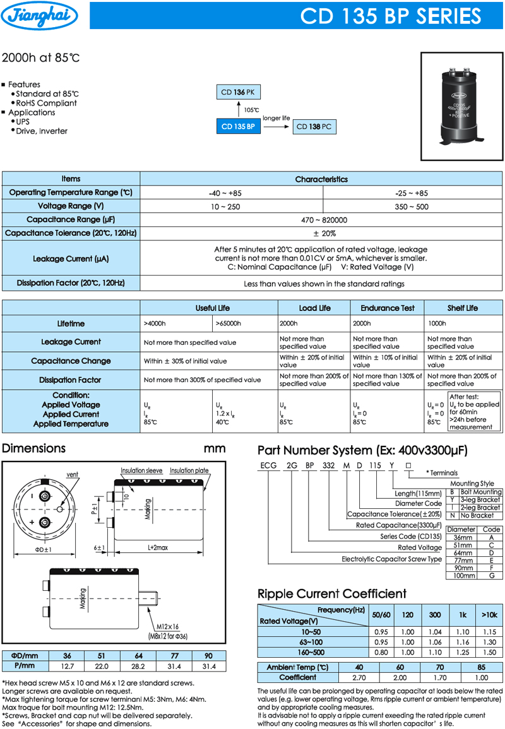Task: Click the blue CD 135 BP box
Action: point(238,127)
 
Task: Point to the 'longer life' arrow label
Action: point(276,118)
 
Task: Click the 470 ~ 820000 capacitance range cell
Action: point(321,220)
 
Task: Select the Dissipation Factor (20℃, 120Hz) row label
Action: point(71,283)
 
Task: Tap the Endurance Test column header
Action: point(388,308)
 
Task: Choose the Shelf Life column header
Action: point(463,308)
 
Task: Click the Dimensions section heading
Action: point(34,448)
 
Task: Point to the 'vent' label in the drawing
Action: point(73,474)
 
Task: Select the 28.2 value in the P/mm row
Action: point(138,666)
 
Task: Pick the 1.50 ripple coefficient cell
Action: point(489,653)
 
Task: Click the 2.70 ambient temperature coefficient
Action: point(359,678)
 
